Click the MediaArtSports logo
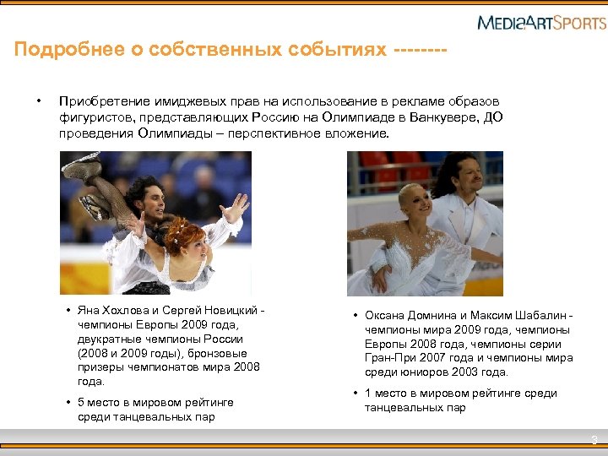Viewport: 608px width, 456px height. [541, 22]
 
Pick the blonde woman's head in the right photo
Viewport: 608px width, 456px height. [415, 202]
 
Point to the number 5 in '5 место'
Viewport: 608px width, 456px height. [80, 402]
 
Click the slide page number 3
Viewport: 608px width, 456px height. [594, 439]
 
